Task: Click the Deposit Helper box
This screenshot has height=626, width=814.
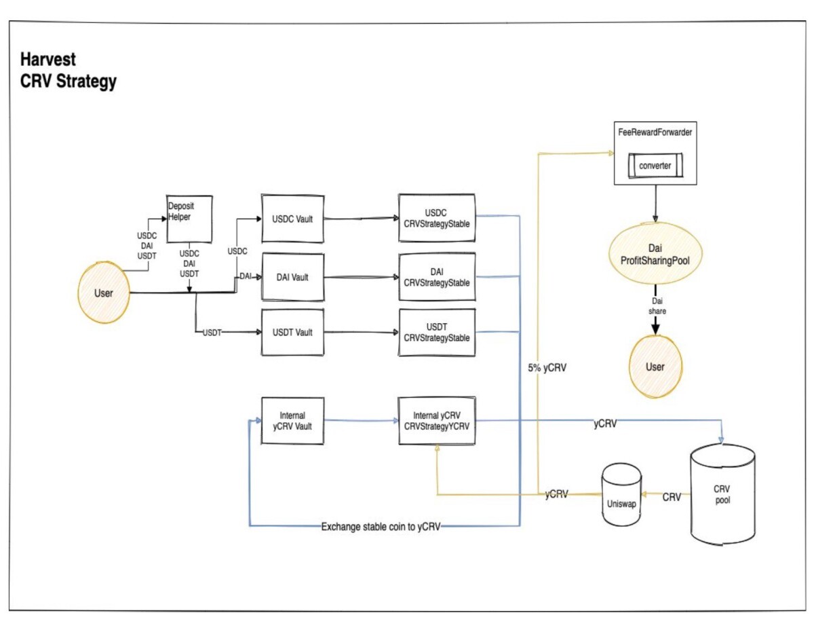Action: tap(189, 219)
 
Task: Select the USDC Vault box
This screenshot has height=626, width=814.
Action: tap(292, 219)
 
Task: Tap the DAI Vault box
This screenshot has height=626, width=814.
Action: tap(292, 277)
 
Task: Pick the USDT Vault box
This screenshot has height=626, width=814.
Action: tap(292, 332)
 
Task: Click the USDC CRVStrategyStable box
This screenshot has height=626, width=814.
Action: tap(437, 218)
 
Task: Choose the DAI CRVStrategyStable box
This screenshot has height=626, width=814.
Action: tap(437, 277)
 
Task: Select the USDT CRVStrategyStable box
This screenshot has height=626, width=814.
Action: tap(437, 332)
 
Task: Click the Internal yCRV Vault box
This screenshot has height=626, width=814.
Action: tap(292, 420)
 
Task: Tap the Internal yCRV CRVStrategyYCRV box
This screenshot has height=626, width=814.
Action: tap(437, 420)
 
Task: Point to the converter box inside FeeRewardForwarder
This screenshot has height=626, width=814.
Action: tap(655, 165)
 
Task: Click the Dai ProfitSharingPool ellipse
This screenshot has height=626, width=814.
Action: tap(655, 254)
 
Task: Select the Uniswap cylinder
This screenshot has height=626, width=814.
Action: tap(621, 494)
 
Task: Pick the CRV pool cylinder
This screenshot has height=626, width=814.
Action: tap(722, 494)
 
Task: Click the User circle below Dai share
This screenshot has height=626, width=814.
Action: tap(655, 367)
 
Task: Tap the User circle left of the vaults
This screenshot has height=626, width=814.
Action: tap(104, 293)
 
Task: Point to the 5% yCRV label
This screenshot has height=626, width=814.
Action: tap(547, 368)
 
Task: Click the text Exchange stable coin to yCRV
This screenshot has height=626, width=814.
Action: tap(381, 527)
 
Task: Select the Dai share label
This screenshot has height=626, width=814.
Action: tap(657, 306)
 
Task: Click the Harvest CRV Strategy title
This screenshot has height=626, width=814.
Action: tap(69, 70)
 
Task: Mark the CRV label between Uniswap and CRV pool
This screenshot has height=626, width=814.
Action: tap(672, 497)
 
